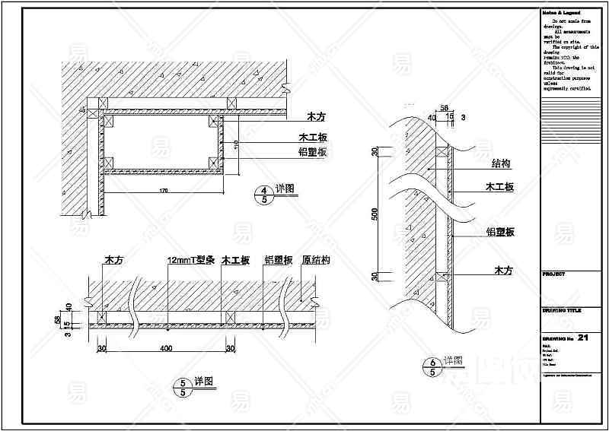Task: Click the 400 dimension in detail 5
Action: click(x=166, y=347)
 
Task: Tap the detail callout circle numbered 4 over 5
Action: click(x=264, y=194)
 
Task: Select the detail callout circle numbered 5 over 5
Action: click(x=183, y=388)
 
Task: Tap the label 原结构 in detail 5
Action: click(x=315, y=260)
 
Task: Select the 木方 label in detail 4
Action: click(x=315, y=118)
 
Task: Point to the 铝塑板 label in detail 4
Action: click(x=312, y=153)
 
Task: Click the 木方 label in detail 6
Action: click(x=503, y=271)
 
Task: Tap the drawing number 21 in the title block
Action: click(x=584, y=337)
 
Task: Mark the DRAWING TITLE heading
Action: click(x=561, y=310)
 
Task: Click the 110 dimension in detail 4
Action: click(x=236, y=144)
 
